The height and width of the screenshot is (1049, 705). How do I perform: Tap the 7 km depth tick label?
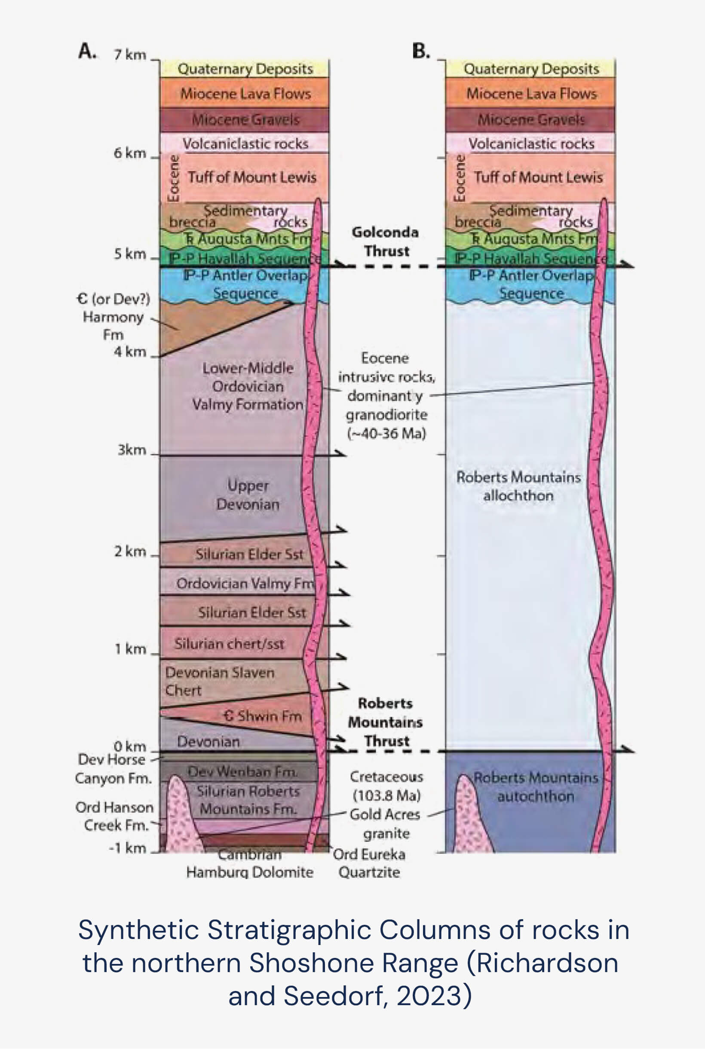point(130,55)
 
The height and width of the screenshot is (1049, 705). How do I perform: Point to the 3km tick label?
point(132,450)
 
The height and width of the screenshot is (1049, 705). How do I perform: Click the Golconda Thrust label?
point(385,242)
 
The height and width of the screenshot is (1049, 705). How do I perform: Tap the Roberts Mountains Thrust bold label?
point(385,722)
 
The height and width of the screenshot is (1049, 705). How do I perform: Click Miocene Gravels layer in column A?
point(245,119)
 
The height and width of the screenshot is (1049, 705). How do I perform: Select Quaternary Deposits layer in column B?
point(531,69)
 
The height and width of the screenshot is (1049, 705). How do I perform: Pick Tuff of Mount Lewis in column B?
point(538,177)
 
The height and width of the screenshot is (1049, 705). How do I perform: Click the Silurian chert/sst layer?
point(229,644)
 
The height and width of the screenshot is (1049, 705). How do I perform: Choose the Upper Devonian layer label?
point(248,495)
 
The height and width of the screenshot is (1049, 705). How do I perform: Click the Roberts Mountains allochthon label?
point(518,486)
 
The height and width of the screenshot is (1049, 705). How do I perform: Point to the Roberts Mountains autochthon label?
point(536,787)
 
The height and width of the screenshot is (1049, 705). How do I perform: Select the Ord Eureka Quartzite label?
point(369,863)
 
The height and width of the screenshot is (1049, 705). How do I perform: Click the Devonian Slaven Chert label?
point(219,681)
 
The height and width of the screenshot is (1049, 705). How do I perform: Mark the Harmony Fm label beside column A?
point(113,317)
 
